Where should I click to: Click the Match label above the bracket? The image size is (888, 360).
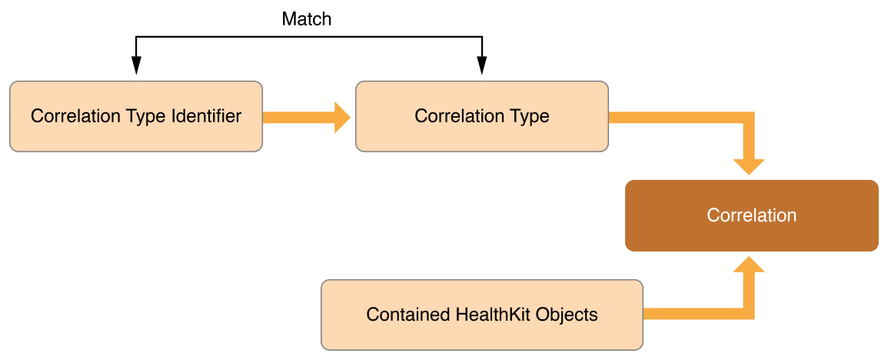307,19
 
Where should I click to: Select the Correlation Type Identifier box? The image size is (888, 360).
136,117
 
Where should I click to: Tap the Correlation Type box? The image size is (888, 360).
482,117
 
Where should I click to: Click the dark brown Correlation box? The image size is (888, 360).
751,215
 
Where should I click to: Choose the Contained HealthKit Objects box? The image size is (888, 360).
482,315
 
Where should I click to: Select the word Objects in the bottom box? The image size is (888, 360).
570,315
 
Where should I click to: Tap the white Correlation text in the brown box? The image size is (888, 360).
751,215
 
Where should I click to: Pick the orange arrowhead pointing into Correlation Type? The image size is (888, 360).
341,118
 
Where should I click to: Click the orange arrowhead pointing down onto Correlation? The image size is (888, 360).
749,166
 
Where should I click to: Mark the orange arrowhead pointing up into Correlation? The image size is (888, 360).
749,265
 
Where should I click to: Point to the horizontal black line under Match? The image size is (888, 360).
308,37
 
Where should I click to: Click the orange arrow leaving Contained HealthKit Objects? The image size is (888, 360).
692,314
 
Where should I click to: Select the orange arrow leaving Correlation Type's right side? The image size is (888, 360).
677,118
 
